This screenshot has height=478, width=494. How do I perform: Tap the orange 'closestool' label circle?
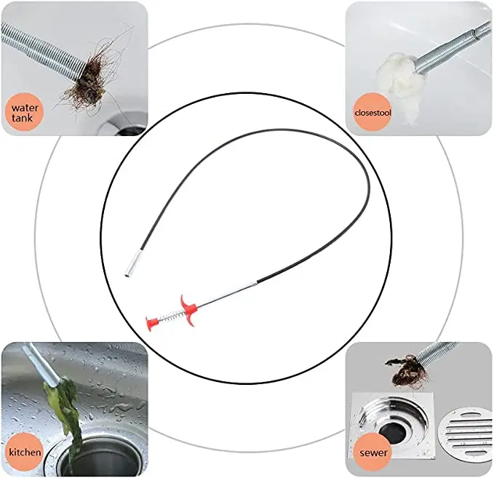tap(371, 113)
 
